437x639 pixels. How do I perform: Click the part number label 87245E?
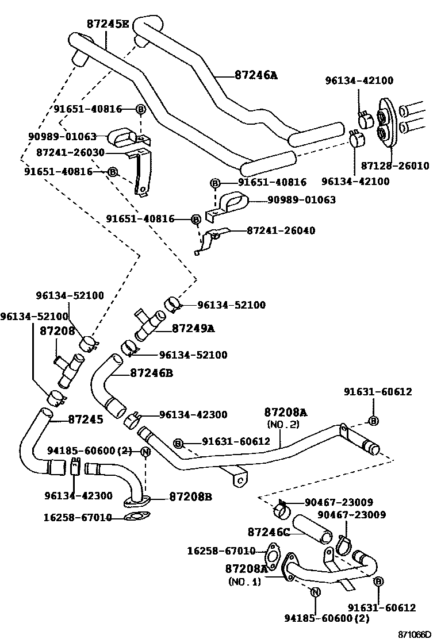tap(108, 24)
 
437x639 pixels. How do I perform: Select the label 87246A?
tap(256, 75)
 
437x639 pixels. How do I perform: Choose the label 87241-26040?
tap(281, 230)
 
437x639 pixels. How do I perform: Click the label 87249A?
tap(193, 328)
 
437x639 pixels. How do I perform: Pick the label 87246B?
tap(152, 373)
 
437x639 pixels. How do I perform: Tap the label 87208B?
tap(190, 496)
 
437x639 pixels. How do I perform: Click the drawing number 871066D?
tap(415, 634)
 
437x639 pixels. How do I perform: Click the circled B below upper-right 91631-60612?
tap(373, 421)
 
